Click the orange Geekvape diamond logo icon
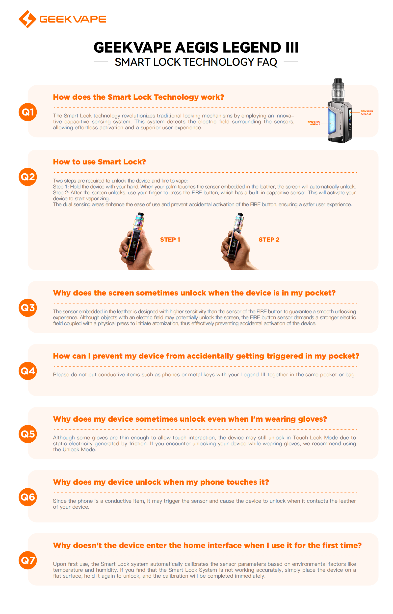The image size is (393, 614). coord(27,19)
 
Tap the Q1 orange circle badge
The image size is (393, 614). coord(27,112)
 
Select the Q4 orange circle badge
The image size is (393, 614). coord(27,371)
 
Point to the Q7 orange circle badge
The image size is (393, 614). coord(27,560)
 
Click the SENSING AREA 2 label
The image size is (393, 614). coord(367,113)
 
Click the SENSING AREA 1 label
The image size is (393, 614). coord(314,123)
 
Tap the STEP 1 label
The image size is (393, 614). coord(170,239)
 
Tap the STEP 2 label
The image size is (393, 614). coord(269,239)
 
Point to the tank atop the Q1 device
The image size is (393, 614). coord(338,91)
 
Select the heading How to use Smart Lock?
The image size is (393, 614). coord(99,162)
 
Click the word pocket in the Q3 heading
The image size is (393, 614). coord(320,293)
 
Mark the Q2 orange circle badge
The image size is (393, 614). coord(27,177)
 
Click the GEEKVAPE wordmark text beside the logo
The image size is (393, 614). coord(73,19)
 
